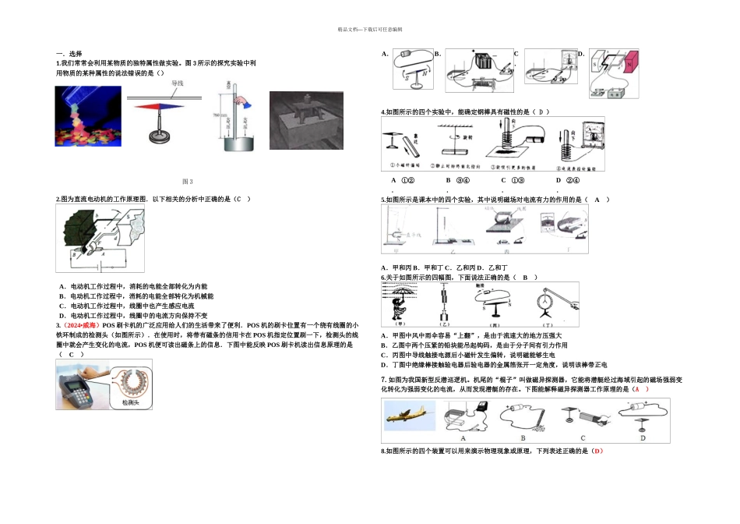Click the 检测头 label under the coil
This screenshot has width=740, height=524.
coord(129,402)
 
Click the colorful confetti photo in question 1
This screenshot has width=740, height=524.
coord(88,116)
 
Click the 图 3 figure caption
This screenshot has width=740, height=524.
coord(187,181)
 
